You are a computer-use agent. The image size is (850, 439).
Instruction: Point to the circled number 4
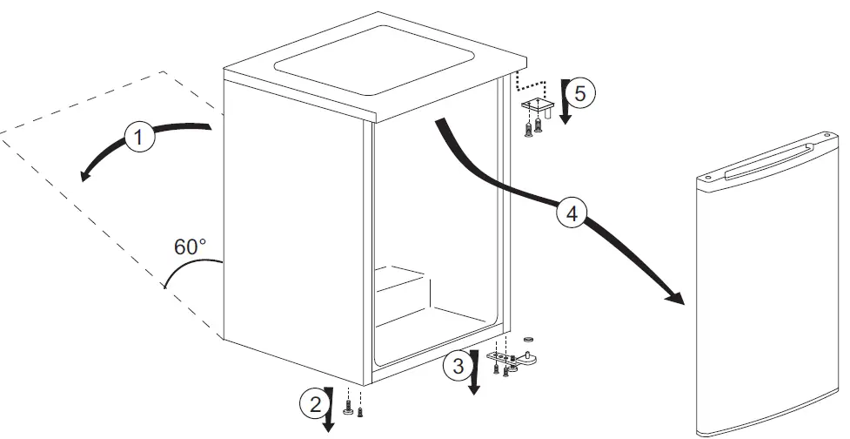click(570, 213)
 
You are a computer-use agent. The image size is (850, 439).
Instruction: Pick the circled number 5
click(584, 92)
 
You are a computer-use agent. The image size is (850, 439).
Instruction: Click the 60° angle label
click(191, 247)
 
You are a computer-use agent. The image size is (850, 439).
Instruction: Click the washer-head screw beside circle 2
click(348, 409)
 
